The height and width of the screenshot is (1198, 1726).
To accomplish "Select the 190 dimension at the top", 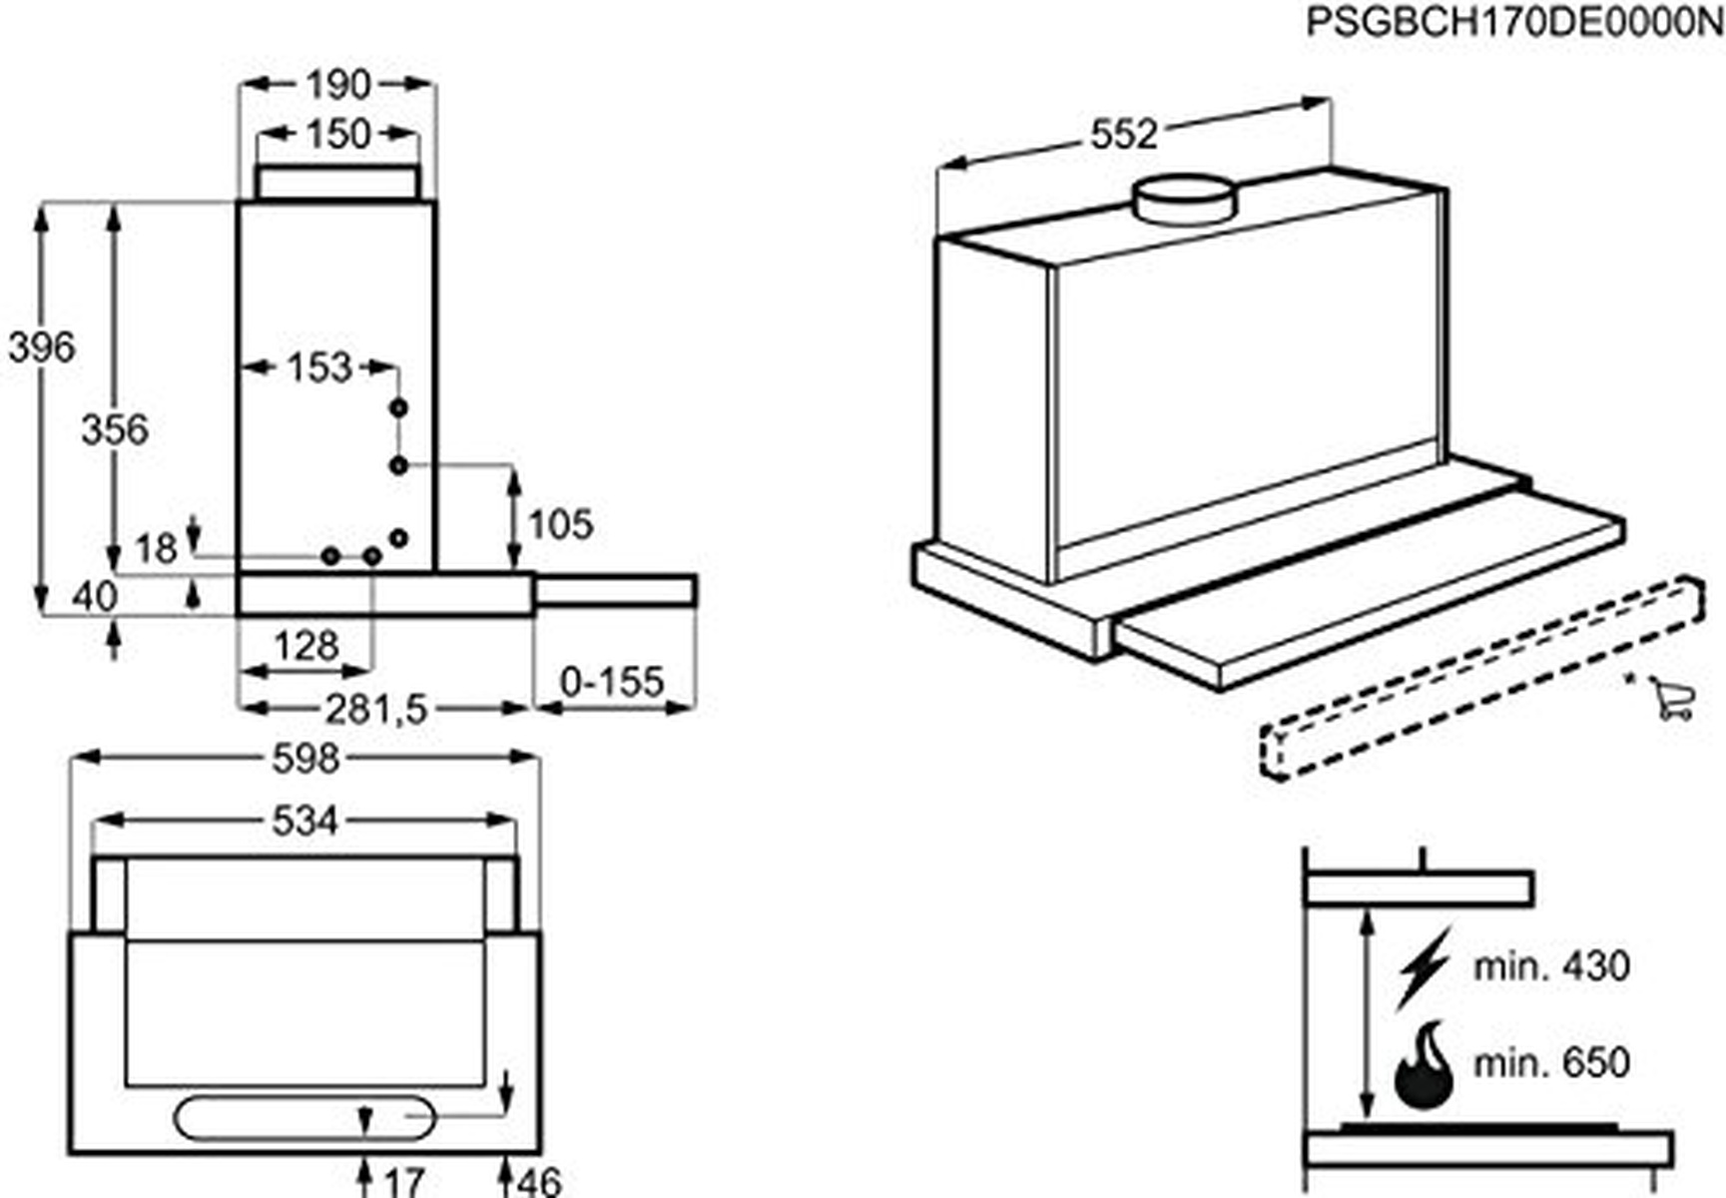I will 338,85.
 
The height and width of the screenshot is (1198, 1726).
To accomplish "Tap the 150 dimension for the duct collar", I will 338,134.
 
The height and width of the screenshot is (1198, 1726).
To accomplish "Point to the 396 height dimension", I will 41,347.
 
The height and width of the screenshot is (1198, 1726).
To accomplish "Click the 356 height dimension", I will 115,429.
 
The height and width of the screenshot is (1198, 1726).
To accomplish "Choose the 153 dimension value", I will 319,367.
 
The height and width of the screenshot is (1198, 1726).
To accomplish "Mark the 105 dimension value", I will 560,524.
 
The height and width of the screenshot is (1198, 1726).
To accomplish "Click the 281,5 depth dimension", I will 375,709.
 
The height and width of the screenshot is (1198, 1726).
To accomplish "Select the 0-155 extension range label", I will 611,682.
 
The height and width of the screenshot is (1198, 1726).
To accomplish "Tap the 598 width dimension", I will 305,759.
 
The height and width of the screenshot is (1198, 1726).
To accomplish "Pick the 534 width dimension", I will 305,822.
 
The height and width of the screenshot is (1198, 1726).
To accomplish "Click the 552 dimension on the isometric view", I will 1123,134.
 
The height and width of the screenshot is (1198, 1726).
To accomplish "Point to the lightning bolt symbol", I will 1424,967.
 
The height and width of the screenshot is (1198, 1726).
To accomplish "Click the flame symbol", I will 1424,1065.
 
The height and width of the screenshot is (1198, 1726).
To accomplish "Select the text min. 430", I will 1551,966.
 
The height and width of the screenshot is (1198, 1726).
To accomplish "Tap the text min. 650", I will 1551,1062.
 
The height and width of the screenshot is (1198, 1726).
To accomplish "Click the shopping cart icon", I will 1671,699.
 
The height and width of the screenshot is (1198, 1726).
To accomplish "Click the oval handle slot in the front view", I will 304,1118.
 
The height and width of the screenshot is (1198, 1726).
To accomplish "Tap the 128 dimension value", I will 306,646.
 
